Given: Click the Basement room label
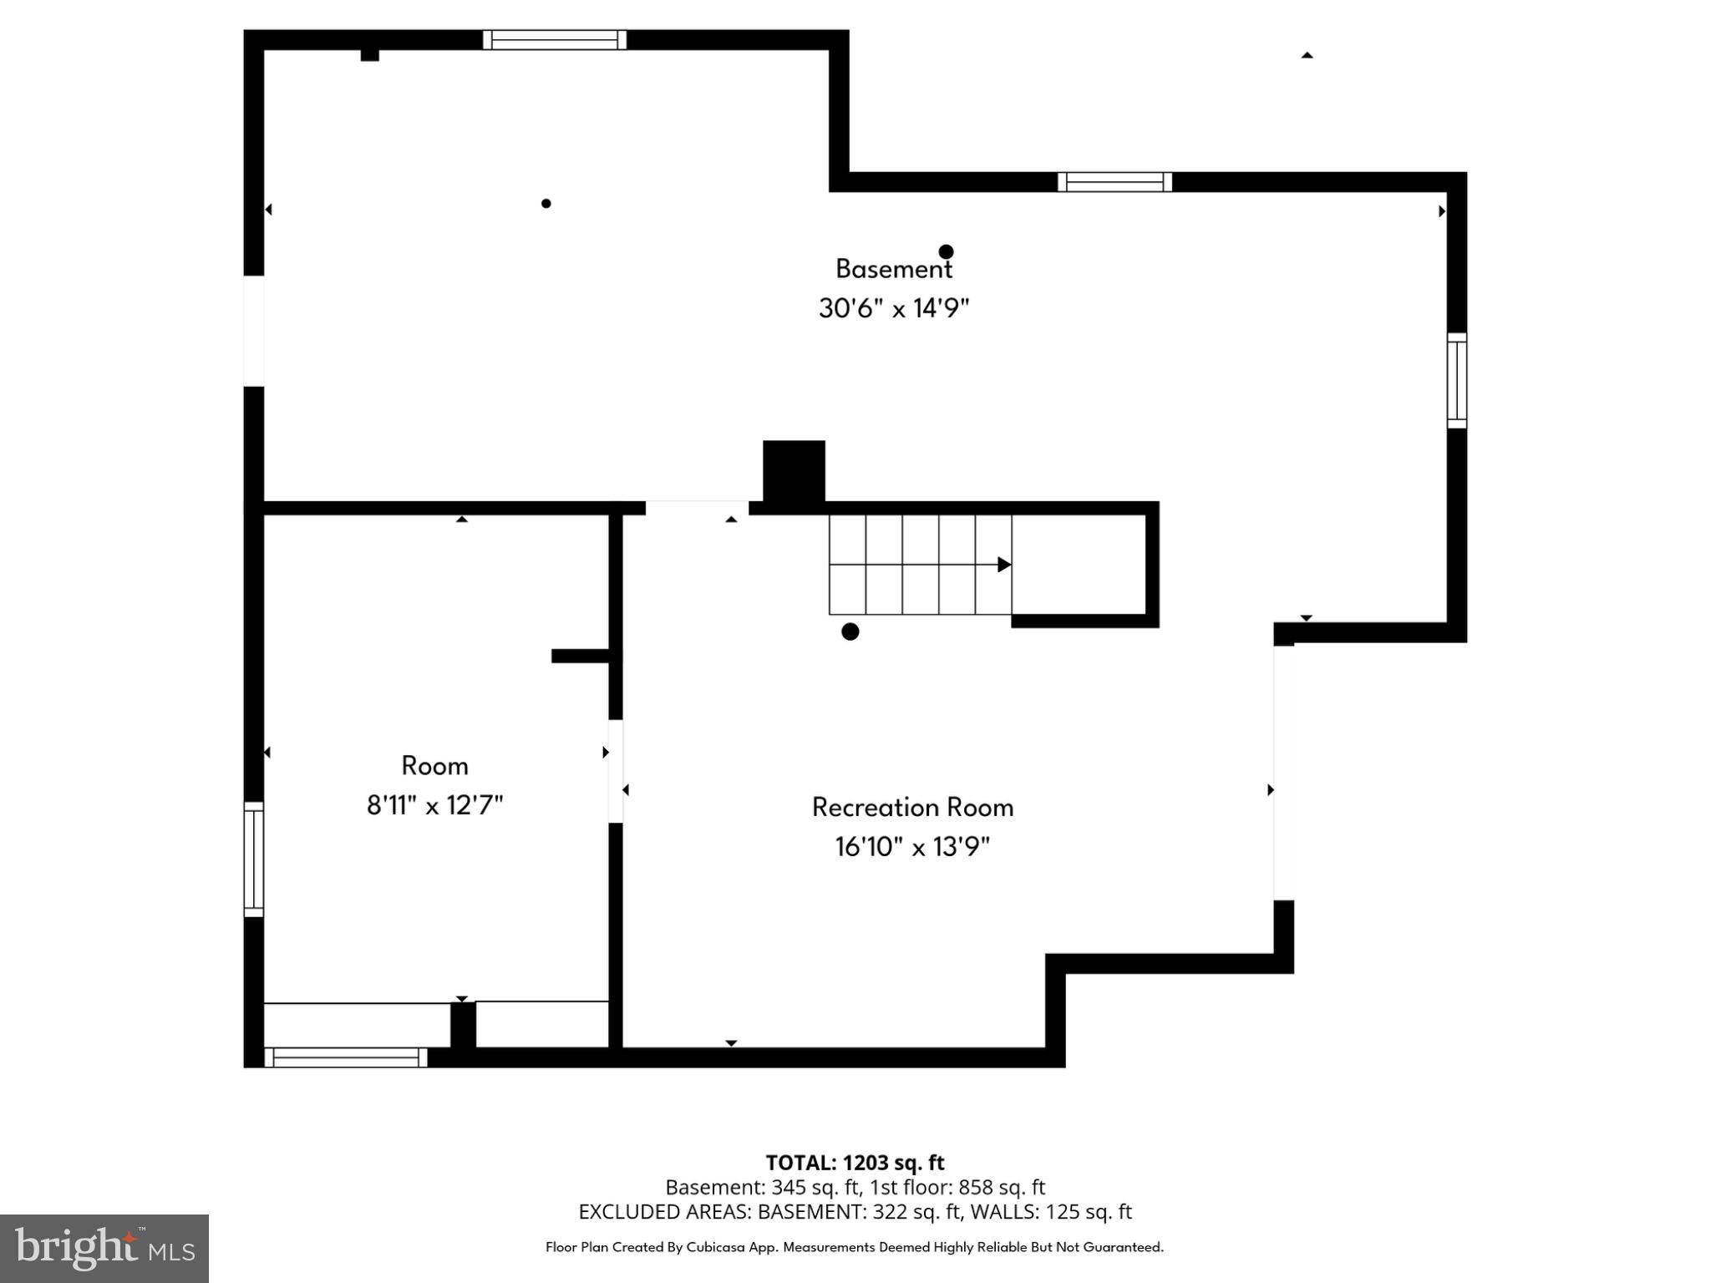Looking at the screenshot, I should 893,269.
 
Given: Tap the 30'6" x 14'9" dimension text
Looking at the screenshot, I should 893,308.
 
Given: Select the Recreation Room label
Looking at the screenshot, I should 912,808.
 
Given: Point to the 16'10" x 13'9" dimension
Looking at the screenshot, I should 912,847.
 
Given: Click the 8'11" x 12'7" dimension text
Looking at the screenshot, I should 434,805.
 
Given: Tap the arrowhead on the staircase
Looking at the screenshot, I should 1004,565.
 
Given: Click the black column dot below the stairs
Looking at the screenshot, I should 850,631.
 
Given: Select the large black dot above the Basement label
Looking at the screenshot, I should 946,251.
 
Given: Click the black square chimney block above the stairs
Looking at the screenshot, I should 794,472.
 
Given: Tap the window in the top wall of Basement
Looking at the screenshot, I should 555,39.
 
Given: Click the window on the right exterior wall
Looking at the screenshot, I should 1456,381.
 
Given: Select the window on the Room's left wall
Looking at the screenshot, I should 253,859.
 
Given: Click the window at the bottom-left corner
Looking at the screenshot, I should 346,1057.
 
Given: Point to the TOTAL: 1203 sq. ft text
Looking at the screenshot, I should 855,1163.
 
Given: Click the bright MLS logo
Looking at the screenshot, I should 104,1248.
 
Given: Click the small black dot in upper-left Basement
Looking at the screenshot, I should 546,203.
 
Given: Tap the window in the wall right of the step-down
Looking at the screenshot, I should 1114,182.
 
